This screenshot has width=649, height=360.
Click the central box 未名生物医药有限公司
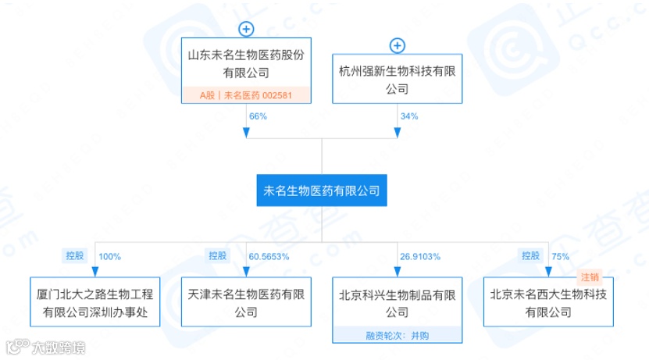(x=322, y=190)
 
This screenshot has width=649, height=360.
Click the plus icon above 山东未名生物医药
(x=246, y=30)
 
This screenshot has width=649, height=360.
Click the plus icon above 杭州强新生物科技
(x=398, y=46)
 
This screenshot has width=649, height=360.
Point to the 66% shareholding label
(x=258, y=116)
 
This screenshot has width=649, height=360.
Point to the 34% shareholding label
(x=409, y=116)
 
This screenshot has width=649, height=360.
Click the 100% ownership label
(x=111, y=255)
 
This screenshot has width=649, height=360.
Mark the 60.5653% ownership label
(x=269, y=255)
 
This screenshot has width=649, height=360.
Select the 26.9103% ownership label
(x=421, y=255)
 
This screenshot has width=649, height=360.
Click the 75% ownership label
(x=561, y=255)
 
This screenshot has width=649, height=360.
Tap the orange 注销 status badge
(x=589, y=276)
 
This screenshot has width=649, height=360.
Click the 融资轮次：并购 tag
(x=398, y=334)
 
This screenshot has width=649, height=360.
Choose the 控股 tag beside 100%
(x=73, y=255)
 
